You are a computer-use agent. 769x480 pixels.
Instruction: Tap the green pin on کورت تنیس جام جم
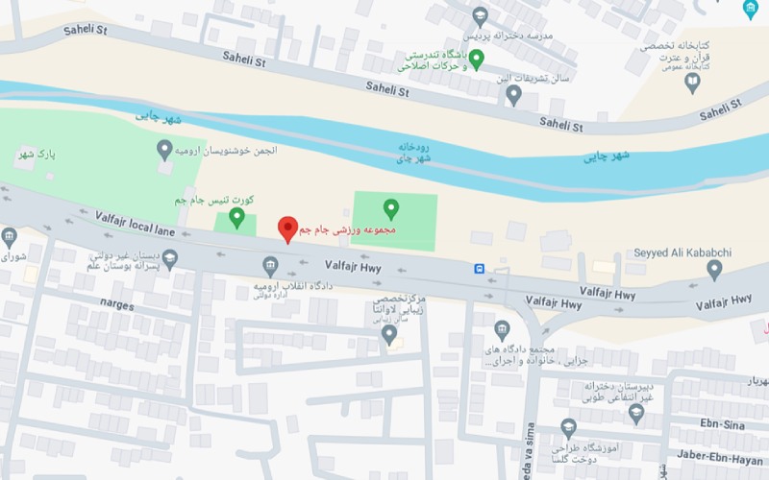[236, 218]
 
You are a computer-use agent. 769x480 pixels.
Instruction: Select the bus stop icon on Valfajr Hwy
[478, 269]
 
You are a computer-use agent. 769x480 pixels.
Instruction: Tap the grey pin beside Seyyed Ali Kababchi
[714, 270]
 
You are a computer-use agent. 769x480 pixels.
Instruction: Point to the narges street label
[117, 302]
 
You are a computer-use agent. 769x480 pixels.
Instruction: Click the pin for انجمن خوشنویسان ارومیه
[164, 149]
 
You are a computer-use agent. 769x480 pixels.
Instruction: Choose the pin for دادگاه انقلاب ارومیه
[270, 266]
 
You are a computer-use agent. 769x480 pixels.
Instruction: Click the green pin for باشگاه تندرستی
[476, 60]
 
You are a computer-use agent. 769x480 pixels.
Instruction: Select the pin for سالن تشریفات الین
[514, 94]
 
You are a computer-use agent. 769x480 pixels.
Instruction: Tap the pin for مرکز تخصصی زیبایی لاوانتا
[389, 333]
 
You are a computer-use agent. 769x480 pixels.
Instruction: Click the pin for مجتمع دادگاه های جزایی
[502, 331]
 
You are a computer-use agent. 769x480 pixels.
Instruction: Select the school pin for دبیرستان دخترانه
[635, 413]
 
